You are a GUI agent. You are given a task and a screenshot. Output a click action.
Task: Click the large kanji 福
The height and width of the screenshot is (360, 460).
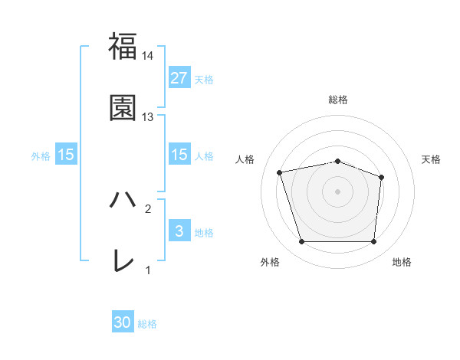click(123, 47)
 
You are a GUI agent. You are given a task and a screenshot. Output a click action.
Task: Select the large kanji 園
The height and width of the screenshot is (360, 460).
click(123, 108)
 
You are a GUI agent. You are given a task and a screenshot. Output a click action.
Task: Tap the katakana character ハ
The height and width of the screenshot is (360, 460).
click(123, 200)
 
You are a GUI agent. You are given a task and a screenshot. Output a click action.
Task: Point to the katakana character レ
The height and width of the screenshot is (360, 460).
click(123, 261)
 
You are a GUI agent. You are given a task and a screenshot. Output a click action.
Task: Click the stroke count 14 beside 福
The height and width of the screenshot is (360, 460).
click(148, 56)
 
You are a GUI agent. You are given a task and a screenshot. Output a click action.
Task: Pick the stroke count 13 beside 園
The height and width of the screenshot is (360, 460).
click(148, 117)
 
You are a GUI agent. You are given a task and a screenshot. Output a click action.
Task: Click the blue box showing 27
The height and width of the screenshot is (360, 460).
click(179, 78)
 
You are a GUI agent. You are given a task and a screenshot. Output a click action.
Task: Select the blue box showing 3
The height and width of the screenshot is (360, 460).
click(179, 231)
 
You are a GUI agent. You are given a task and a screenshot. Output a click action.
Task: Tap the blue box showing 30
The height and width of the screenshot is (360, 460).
click(123, 323)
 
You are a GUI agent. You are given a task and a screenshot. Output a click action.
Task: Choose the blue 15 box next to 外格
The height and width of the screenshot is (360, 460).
click(66, 155)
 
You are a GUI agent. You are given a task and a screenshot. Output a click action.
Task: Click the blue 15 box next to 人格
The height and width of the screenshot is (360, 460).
click(179, 155)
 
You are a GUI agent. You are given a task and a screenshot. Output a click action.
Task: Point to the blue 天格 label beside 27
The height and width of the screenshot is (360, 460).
click(204, 80)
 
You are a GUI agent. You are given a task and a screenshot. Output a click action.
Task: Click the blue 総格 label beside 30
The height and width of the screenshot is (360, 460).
click(147, 325)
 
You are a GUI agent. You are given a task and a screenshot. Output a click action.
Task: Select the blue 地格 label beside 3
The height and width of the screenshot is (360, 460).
click(204, 233)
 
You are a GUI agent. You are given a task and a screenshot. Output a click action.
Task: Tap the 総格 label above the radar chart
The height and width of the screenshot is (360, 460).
click(338, 100)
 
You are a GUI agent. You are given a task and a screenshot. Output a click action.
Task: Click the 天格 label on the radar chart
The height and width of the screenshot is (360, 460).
click(432, 159)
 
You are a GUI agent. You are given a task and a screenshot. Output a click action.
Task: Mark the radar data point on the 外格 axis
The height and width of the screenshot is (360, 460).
click(301, 242)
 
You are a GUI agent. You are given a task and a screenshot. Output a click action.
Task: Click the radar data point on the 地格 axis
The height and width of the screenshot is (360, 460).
click(374, 242)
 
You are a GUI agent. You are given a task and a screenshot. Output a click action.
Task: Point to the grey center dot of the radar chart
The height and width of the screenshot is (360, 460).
click(338, 191)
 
